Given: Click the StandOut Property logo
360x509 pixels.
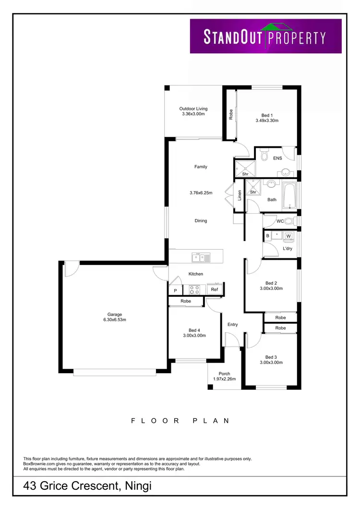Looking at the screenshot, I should coord(265,36).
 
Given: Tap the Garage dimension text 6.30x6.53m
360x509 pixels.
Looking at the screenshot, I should coord(114,320).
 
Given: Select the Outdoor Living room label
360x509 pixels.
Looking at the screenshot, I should coord(193,109).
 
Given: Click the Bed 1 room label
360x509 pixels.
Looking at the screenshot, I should coord(267,115).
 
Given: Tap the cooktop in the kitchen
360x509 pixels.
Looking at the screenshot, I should coord(195,290).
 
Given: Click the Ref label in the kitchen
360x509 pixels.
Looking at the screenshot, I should coord(215,290).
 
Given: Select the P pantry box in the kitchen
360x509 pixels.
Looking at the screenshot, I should coord(175,291).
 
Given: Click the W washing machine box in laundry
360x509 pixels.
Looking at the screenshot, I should coord(288,236).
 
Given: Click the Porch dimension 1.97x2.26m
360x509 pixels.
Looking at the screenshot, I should coord(224,379).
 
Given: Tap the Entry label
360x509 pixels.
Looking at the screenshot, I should coord(232,325).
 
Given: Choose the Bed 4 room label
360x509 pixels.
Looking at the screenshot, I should coord(194,330).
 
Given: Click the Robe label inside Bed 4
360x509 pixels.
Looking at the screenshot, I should coord(186,301).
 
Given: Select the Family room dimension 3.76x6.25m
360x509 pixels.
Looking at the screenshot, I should coord(201,193).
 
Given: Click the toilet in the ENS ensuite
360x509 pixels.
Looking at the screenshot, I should coord(264,155).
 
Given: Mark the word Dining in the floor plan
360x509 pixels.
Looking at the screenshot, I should coord(201,221).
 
